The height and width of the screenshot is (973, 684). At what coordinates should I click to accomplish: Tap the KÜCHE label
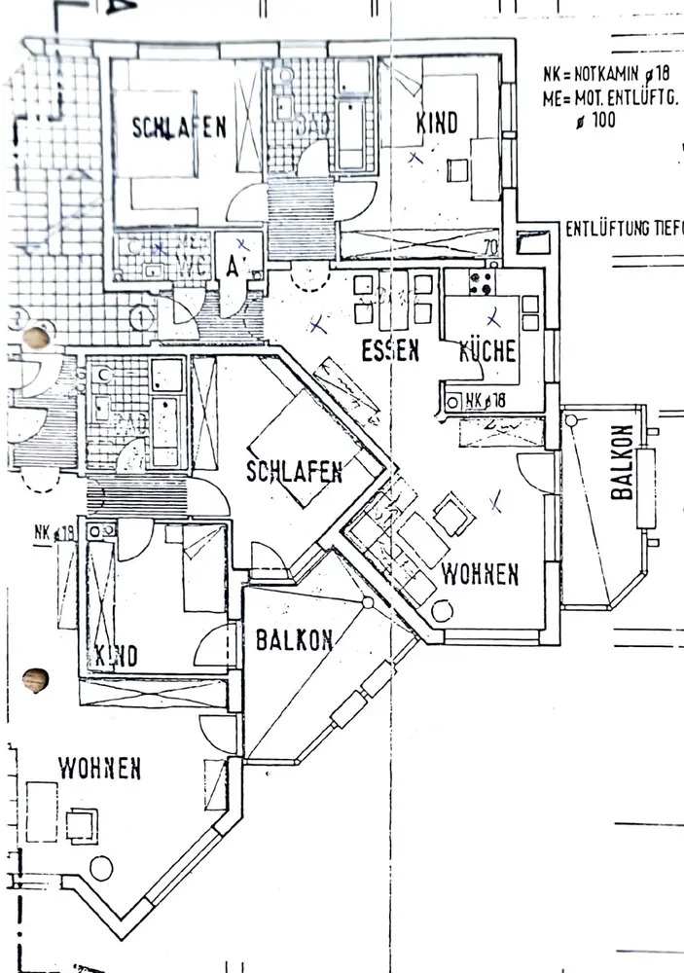488,351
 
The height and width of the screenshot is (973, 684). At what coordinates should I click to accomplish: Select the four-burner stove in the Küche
482,281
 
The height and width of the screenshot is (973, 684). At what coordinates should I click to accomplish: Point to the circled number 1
141,316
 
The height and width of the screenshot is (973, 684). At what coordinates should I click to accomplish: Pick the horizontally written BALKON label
295,640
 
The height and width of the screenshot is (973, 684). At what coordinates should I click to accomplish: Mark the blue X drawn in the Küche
492,316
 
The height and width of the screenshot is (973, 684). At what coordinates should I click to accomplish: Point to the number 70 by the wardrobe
490,248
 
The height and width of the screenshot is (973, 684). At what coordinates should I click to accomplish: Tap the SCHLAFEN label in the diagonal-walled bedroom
295,473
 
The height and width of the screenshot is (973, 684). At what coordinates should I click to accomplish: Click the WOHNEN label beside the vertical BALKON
480,574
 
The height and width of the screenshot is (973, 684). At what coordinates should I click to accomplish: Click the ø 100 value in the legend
596,122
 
